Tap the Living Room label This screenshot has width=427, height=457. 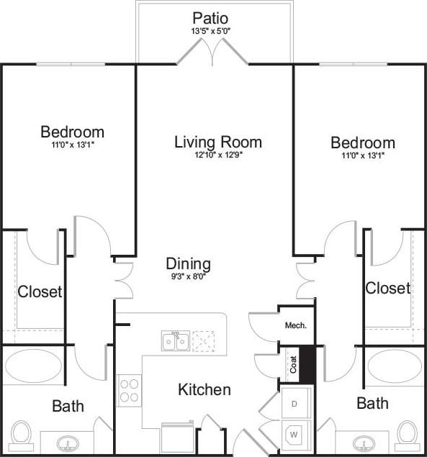tap(218, 142)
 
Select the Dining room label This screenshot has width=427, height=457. tap(188, 263)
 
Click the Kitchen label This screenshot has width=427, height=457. tap(204, 389)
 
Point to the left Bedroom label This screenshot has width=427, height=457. tap(72, 132)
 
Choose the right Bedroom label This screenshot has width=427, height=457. tap(362, 142)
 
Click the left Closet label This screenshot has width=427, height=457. tap(40, 292)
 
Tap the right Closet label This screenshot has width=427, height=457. tap(387, 288)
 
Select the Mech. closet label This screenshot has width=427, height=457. tap(295, 325)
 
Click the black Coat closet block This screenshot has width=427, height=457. tap(307, 365)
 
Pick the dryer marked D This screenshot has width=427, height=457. tap(295, 403)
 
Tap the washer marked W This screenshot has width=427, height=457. tap(295, 434)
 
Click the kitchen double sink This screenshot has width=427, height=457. tap(175, 340)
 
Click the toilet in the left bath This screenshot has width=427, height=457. tap(21, 435)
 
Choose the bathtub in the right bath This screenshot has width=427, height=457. tap(395, 367)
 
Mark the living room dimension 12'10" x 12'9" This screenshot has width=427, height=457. tap(218, 155)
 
